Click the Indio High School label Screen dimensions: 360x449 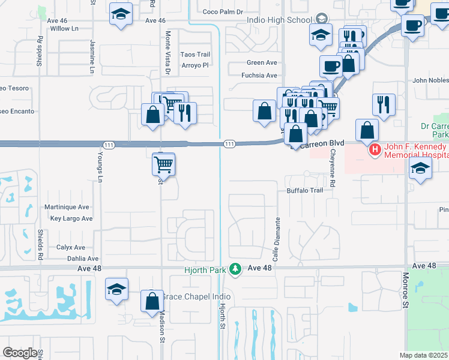coord(279,19)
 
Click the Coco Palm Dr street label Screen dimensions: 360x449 coord(223,11)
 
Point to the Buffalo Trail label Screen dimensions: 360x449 coord(305,191)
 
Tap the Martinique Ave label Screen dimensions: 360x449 coord(67,207)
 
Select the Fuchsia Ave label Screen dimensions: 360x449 coord(259,76)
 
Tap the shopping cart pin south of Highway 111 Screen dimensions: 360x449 coord(164,163)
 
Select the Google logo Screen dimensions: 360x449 coord(20,353)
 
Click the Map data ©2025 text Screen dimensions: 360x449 coord(423,355)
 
